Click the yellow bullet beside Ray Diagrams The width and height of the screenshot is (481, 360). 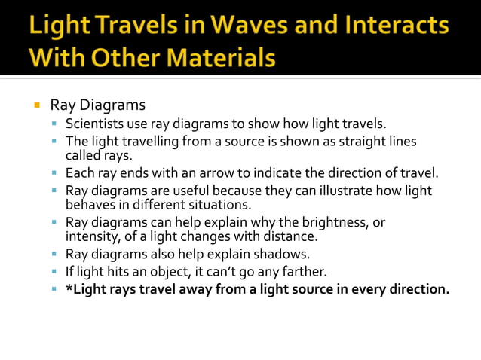35,104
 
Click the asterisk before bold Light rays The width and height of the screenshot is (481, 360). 69,288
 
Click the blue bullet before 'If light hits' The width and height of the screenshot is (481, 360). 56,271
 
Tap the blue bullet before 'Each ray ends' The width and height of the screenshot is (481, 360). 56,172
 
